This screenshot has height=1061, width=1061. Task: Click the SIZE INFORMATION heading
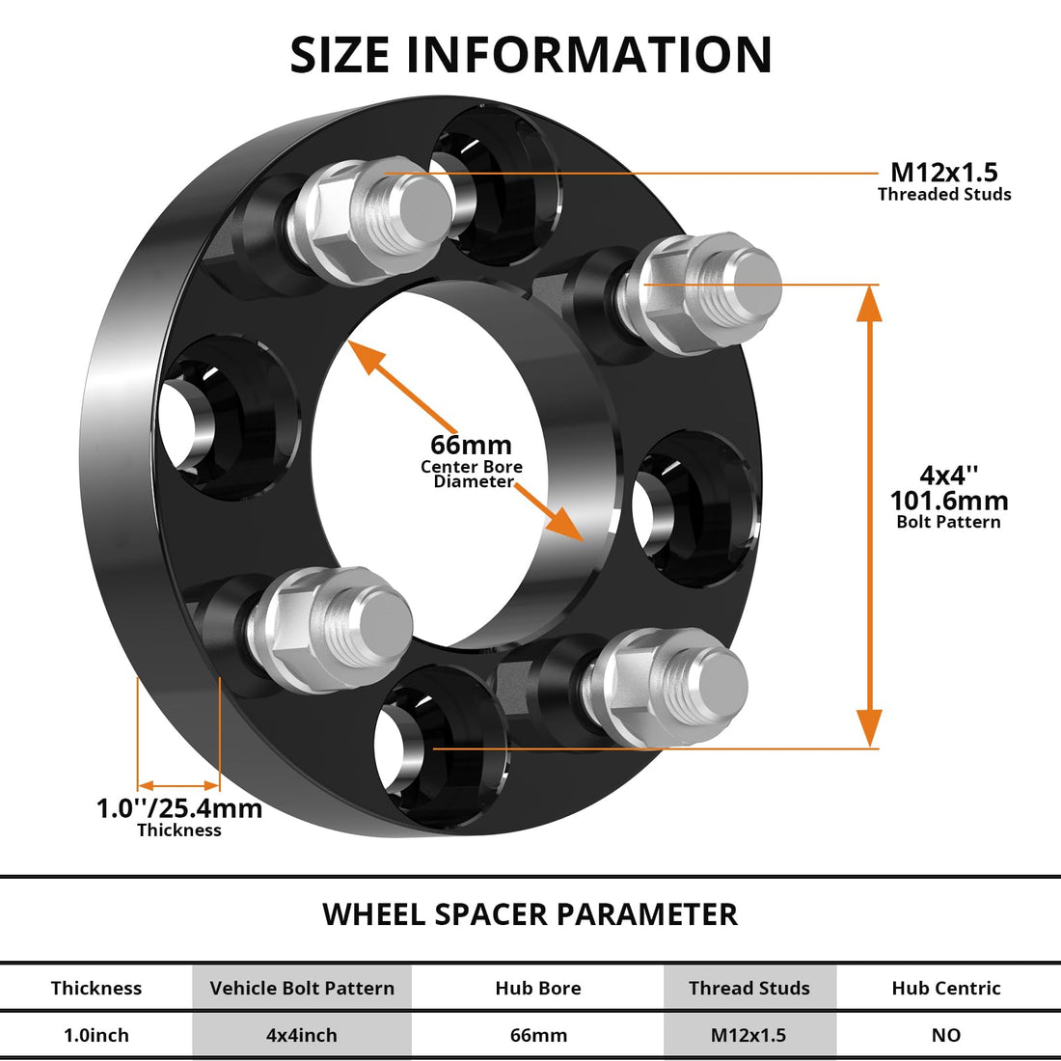(530, 55)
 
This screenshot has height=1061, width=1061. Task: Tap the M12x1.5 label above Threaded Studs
(943, 173)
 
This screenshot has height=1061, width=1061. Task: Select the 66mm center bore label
(471, 446)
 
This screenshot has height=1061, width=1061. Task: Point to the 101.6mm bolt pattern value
(948, 501)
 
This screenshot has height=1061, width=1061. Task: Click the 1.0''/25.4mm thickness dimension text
(179, 808)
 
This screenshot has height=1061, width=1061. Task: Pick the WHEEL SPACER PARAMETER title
(530, 913)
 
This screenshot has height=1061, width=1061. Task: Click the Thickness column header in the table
(95, 988)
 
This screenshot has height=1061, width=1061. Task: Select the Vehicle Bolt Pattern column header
(302, 988)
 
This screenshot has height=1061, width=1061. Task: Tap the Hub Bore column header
(537, 988)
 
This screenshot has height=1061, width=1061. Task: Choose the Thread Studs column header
(748, 988)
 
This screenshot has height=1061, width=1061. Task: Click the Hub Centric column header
(945, 988)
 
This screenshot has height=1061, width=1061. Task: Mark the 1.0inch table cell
(95, 1035)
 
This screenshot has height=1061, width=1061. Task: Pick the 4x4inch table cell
(302, 1035)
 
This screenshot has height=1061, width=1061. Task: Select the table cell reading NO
(945, 1035)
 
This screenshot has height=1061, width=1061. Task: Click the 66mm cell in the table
(537, 1035)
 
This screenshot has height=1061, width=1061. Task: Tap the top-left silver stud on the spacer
(371, 210)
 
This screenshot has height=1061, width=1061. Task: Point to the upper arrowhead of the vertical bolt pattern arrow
(869, 304)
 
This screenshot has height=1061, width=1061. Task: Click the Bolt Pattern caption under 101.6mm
(948, 522)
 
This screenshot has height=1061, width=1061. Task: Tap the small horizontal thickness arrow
(179, 785)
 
